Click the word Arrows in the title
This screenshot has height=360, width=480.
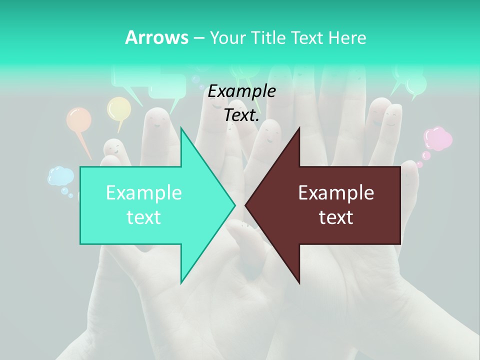click(x=156, y=37)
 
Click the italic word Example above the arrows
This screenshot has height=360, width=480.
click(x=241, y=91)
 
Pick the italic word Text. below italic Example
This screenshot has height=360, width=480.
click(x=241, y=115)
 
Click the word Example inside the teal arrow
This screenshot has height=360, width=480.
click(x=143, y=193)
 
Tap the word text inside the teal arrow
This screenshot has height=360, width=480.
click(x=143, y=217)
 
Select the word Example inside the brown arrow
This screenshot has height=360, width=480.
click(x=336, y=193)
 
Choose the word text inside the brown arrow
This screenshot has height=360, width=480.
click(x=336, y=217)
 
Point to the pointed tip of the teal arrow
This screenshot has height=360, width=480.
click(x=234, y=205)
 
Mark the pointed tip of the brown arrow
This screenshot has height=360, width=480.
click(x=245, y=205)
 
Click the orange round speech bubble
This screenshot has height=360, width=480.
click(x=79, y=120)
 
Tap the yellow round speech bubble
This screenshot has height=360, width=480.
click(x=119, y=108)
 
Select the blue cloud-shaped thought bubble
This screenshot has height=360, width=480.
click(x=60, y=176)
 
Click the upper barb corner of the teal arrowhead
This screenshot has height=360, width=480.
click(x=181, y=128)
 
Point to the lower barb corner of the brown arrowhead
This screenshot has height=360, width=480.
click(x=299, y=283)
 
